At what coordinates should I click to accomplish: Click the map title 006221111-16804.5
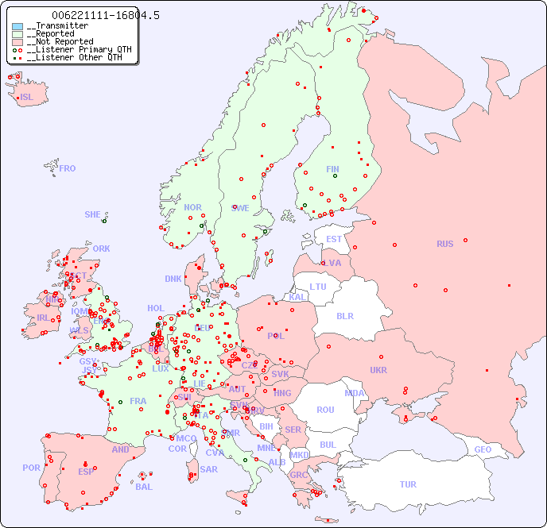(105, 15)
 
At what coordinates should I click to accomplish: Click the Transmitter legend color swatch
(17, 26)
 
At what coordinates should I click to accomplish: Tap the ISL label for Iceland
(27, 98)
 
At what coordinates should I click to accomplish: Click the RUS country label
(444, 244)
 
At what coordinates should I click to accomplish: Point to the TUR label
(408, 484)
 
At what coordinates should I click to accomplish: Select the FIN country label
(332, 169)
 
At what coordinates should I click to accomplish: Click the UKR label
(378, 370)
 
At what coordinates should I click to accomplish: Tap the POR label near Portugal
(31, 468)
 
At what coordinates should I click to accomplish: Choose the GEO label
(483, 449)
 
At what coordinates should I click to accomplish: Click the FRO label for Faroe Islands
(68, 168)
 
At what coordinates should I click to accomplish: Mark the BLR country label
(345, 315)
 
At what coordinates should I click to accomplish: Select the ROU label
(325, 410)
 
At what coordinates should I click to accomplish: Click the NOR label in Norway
(192, 207)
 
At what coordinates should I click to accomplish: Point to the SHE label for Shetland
(93, 214)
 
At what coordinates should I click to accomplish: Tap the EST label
(334, 239)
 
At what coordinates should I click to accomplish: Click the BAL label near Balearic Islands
(144, 487)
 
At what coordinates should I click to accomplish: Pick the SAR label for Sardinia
(208, 469)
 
